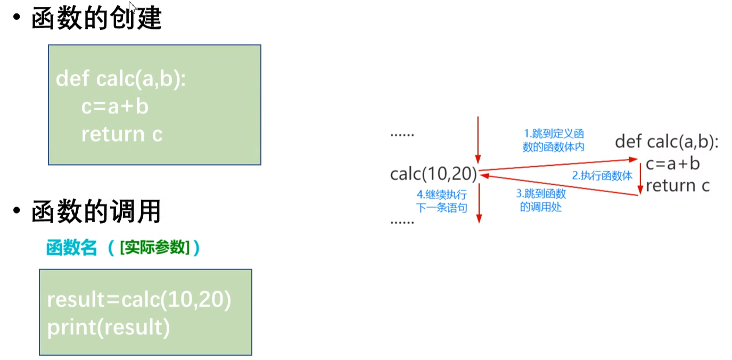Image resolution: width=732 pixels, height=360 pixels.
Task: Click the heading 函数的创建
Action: tap(96, 19)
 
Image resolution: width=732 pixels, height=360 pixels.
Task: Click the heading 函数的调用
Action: tap(96, 212)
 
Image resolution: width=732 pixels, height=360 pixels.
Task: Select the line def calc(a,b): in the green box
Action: tap(121, 80)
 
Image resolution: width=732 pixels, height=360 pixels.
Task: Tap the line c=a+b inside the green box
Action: tap(115, 107)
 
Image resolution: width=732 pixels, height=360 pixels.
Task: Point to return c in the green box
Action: tap(121, 134)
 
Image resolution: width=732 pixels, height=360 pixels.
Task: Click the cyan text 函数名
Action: tap(72, 248)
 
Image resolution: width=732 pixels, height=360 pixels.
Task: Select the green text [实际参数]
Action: tap(155, 248)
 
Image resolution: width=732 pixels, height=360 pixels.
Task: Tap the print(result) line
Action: tap(109, 326)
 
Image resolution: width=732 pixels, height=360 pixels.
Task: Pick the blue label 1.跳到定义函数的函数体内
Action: tap(553, 141)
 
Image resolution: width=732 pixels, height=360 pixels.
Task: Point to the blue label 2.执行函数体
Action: tap(602, 176)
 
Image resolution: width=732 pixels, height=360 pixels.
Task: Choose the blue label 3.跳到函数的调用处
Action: tap(541, 200)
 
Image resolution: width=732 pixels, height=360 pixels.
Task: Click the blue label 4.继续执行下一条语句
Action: tap(441, 201)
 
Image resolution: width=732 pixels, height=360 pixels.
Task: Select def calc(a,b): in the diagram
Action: tap(667, 142)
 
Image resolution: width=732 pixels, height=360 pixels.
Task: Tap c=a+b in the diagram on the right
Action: tap(673, 164)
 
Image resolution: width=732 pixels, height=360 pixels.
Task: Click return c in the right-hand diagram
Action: tap(678, 186)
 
